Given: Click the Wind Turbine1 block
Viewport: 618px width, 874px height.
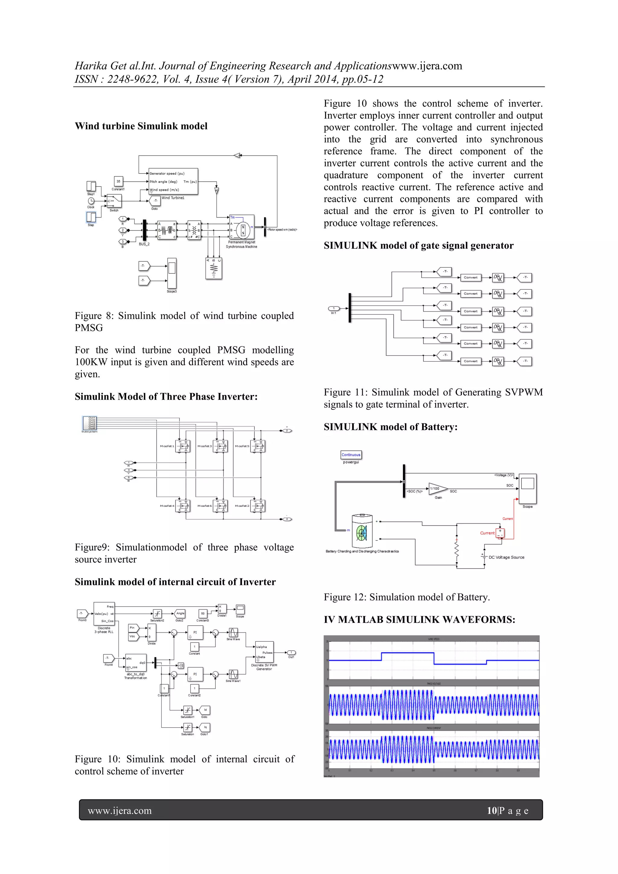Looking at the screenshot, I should tap(173, 182).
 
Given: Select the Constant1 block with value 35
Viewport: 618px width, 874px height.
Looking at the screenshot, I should tap(118, 182).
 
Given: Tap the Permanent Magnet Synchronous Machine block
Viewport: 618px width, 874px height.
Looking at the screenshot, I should tap(242, 227).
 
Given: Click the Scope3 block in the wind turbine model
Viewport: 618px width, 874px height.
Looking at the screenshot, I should tap(172, 273).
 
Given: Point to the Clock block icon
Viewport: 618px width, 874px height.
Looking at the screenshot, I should tap(91, 201).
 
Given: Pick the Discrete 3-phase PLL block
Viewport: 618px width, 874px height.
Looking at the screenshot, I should tap(104, 614).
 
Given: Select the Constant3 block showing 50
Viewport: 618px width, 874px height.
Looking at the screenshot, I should tap(203, 613).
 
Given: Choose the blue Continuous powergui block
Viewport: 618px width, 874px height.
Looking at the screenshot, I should tap(351, 455).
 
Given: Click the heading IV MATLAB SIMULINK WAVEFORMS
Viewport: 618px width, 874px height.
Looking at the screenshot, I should tap(419, 620).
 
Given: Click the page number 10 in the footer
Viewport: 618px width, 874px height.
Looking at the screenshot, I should tap(492, 810).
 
